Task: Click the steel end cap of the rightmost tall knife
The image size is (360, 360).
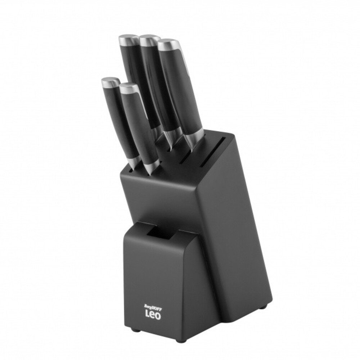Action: click(x=169, y=45)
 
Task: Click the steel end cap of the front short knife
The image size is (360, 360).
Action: click(x=129, y=88)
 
